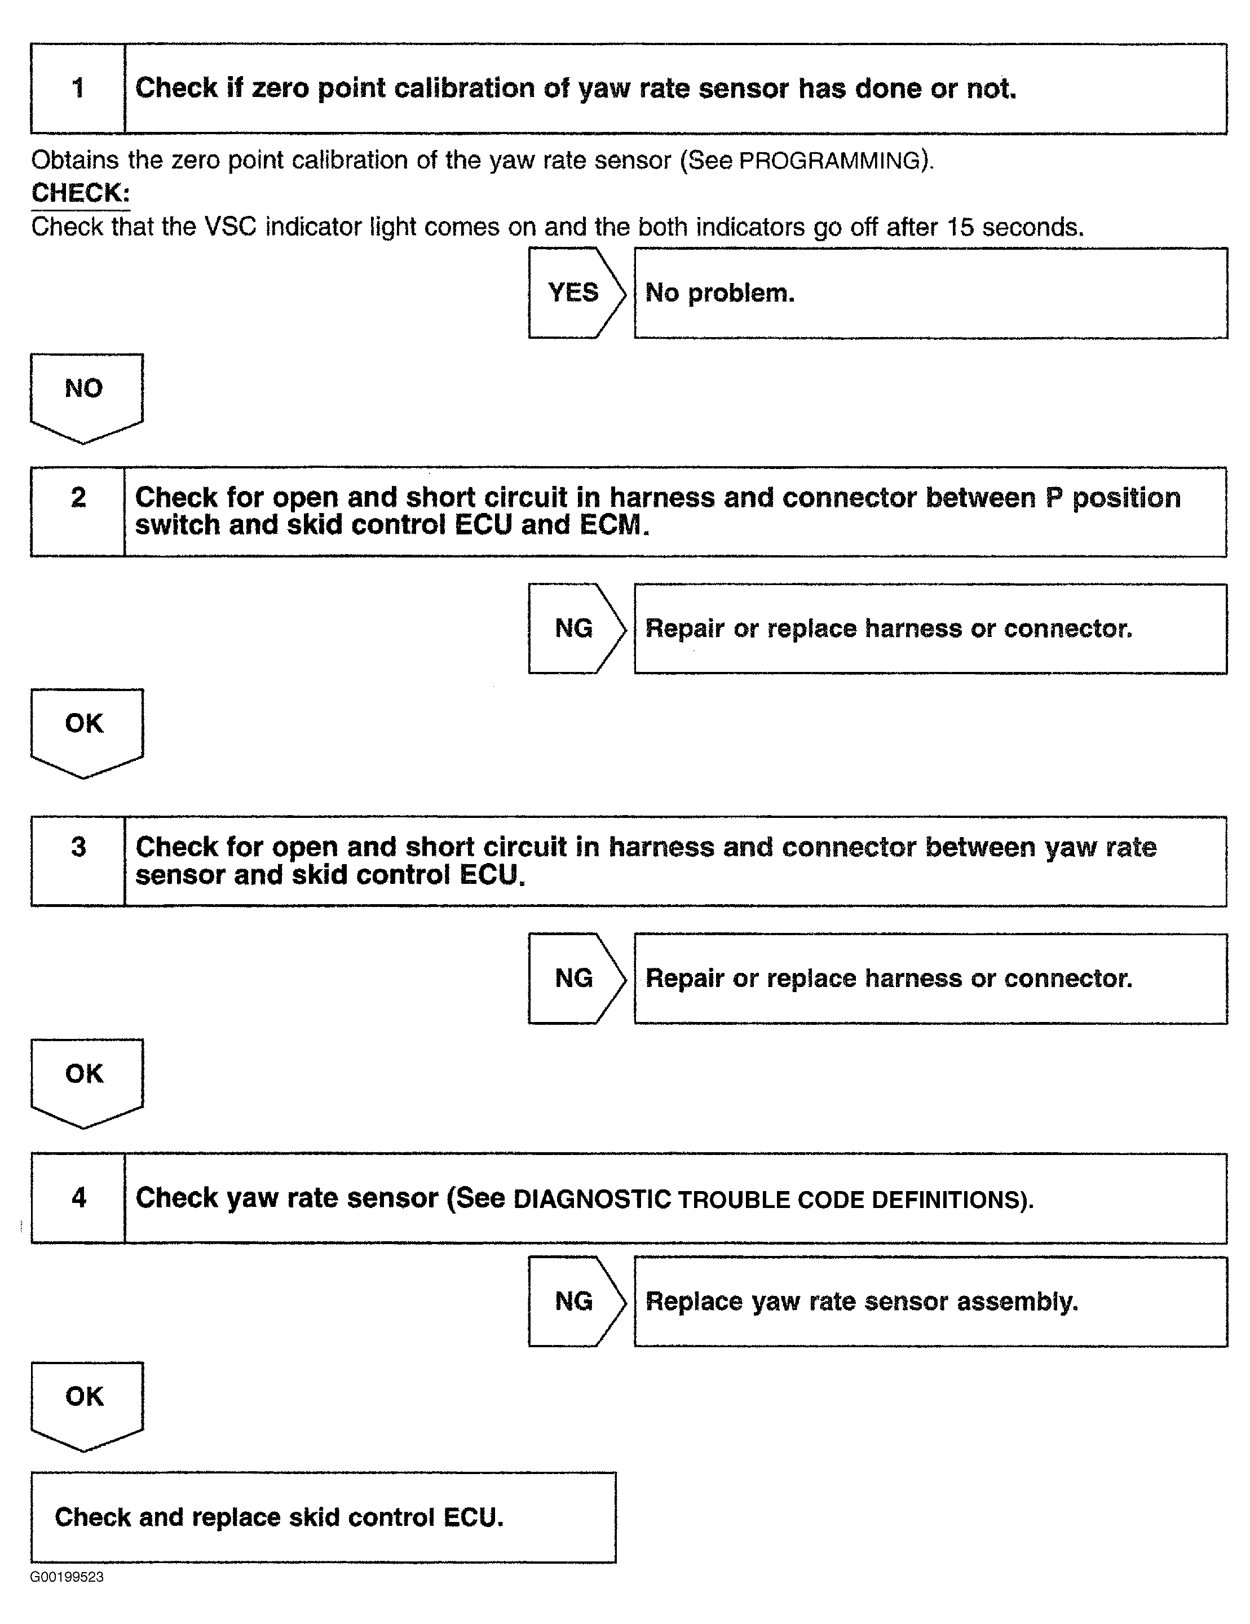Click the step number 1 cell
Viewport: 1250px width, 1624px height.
[78, 88]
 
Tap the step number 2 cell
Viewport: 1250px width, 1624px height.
[78, 512]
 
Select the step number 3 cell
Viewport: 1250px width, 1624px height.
[78, 861]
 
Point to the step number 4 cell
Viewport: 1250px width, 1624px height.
[78, 1198]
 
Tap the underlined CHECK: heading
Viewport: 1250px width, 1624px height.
[80, 193]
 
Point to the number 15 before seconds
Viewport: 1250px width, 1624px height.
[960, 227]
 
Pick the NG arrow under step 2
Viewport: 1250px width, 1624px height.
[574, 629]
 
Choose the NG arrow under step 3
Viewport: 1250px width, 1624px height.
[574, 978]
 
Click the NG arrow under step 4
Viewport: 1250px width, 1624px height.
[574, 1301]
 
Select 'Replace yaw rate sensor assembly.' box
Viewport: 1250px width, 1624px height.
[930, 1301]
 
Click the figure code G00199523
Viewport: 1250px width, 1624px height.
[67, 1577]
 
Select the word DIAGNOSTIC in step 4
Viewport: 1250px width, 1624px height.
[592, 1200]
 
